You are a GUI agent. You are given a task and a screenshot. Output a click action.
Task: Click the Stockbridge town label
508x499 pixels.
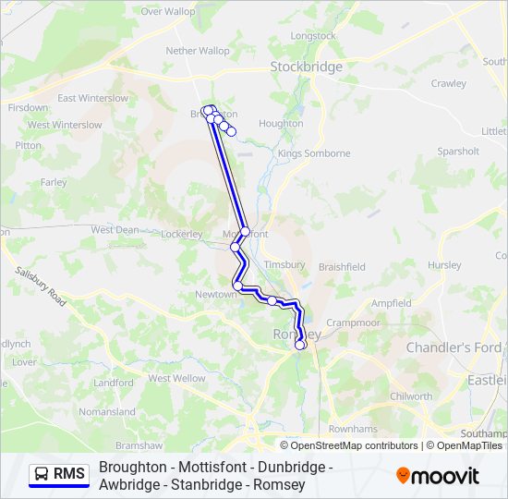pos(306,67)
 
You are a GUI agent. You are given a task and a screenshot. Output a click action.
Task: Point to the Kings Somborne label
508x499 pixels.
pos(314,153)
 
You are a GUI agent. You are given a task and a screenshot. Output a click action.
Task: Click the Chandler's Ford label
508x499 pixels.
pos(454,347)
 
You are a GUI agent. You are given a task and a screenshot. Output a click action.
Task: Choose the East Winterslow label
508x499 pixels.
pos(92,98)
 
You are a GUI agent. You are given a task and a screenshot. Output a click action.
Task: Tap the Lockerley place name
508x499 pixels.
pos(181,235)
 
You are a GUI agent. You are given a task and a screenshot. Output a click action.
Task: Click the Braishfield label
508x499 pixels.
pos(342,267)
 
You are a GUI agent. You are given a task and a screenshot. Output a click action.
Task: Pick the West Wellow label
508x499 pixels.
pos(176,378)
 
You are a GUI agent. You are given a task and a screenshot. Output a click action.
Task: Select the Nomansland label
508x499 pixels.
pos(107,412)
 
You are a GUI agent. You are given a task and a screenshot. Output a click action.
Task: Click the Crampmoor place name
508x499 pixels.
pos(354,323)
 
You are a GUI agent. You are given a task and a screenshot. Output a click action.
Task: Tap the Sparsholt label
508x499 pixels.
pos(458,151)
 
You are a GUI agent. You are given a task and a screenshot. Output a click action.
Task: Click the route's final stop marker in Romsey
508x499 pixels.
pos(300,345)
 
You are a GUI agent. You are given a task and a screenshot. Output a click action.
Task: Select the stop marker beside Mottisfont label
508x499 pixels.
pos(245,232)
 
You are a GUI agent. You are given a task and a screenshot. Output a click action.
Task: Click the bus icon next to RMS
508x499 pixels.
pos(42,474)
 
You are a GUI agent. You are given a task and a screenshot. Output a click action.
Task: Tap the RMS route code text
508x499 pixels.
pos(69,474)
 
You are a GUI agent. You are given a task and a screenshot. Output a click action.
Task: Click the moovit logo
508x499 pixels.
pos(438,476)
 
